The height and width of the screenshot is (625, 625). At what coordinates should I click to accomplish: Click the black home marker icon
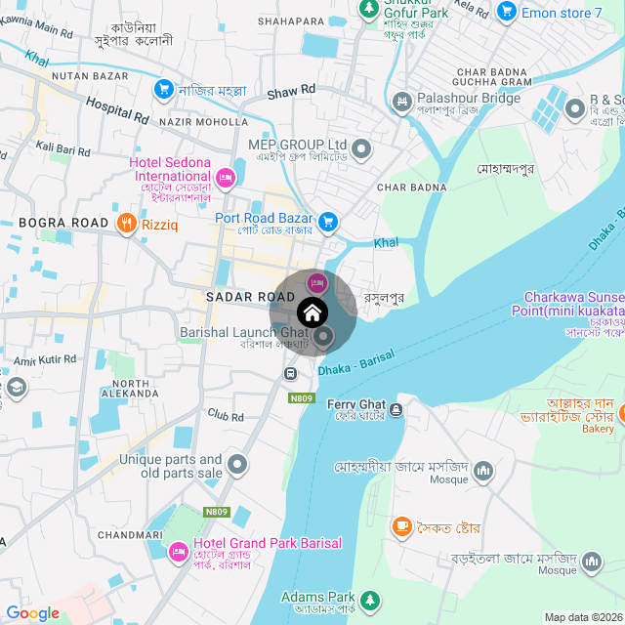[x=312, y=313]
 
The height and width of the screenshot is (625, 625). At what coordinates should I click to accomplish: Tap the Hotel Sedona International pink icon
[x=226, y=177]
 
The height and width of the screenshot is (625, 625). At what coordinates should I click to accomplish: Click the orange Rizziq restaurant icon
[x=126, y=225]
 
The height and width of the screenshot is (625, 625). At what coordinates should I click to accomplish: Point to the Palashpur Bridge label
[x=455, y=99]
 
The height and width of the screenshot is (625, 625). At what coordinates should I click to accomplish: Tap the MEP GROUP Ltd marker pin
[x=361, y=149]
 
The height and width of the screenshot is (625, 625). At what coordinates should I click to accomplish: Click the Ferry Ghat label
[x=355, y=404]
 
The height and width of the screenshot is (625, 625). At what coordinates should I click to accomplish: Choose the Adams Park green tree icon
[x=369, y=599]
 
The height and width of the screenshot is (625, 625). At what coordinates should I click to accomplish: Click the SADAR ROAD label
[x=243, y=296]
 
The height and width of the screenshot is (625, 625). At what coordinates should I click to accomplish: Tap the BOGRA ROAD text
[x=63, y=224]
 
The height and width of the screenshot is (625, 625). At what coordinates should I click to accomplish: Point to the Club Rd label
[x=225, y=416]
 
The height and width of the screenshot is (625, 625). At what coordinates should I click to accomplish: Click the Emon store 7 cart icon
[x=506, y=12]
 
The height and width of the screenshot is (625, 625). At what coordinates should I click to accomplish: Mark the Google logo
[x=32, y=613]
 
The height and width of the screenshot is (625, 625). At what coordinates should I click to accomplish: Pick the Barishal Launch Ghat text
[x=243, y=333]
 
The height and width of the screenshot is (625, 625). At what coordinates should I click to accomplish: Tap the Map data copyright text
[x=583, y=617]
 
